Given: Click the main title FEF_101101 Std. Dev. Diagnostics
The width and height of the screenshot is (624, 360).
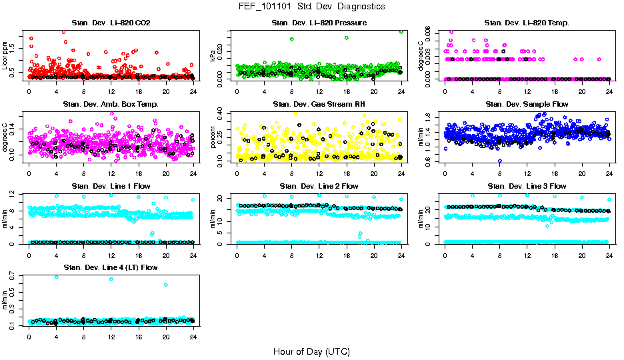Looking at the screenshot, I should [311, 6].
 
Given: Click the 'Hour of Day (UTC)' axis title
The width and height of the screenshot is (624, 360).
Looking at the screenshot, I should [311, 351].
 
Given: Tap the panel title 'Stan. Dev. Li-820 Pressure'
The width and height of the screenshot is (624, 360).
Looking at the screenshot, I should [318, 23].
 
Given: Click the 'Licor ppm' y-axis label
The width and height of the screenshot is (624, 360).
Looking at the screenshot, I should [5, 55].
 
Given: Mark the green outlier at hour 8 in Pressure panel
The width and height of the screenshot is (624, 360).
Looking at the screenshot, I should [292, 39].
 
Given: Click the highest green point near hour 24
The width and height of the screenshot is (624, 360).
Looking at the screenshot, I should [401, 31].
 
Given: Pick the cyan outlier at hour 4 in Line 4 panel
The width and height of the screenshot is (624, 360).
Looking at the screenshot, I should [56, 277].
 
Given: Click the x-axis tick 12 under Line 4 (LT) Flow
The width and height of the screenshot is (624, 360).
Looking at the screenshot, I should [111, 337].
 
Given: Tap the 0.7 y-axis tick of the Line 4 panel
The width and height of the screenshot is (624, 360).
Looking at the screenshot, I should [13, 275].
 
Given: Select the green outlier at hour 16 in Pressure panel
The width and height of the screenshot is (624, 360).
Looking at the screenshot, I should [347, 37].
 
